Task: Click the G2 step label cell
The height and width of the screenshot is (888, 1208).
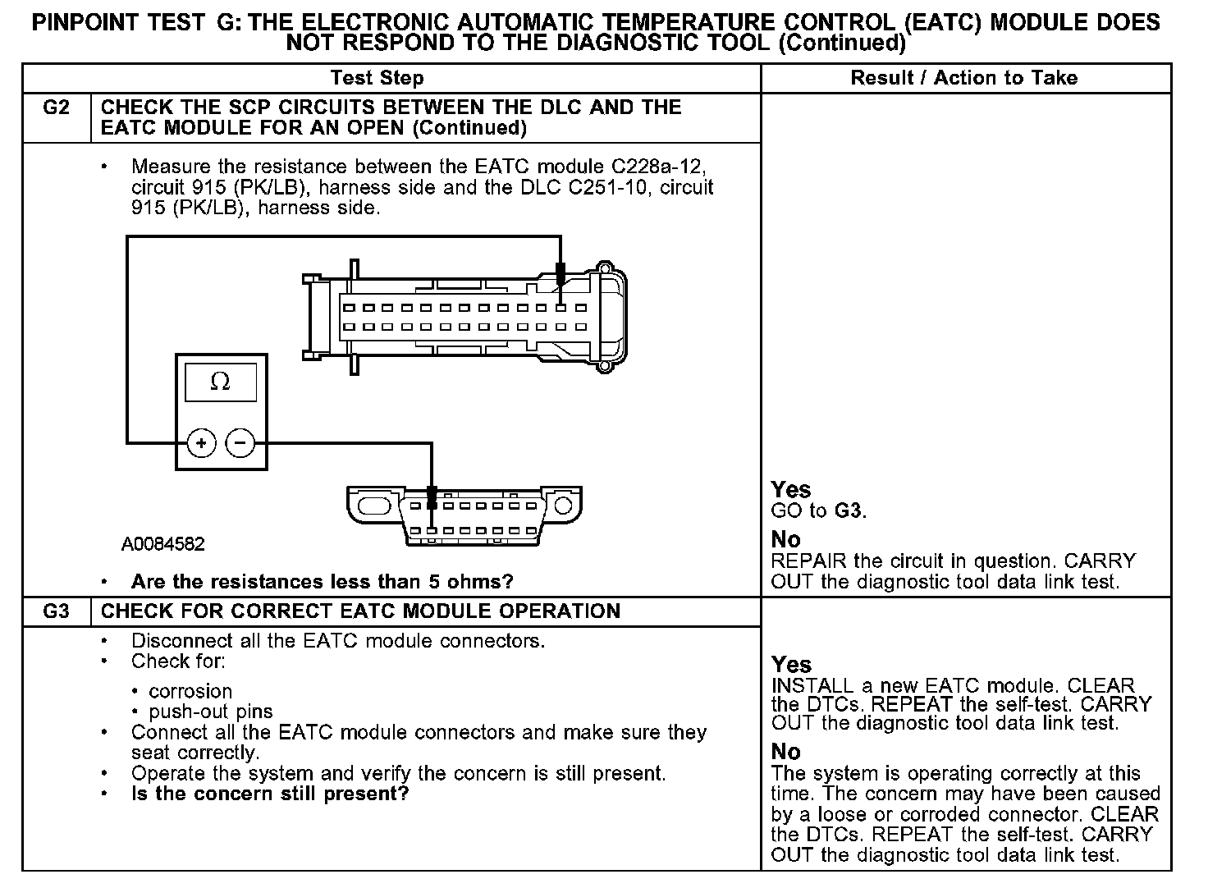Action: tap(55, 108)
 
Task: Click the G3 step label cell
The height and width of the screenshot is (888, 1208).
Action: tap(55, 611)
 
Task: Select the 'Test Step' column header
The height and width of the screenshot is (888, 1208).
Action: tap(377, 78)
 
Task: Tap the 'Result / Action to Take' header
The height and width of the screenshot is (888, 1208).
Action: tap(964, 78)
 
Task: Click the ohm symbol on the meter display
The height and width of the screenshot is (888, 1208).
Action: tap(220, 382)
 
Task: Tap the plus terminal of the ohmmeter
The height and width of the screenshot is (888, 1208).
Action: tap(202, 443)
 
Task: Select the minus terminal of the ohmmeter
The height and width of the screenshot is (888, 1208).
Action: tap(240, 443)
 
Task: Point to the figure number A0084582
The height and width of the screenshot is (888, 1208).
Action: tap(163, 543)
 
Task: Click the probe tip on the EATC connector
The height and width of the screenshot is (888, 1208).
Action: tap(561, 274)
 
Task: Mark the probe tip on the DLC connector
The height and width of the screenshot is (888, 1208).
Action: tap(432, 497)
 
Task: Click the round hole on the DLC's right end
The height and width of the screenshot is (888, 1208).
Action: tap(563, 505)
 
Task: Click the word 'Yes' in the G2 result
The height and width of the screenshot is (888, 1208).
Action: tap(791, 490)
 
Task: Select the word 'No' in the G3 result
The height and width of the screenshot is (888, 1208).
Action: tap(785, 752)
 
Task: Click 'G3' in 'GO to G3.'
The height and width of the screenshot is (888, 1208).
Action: tap(849, 510)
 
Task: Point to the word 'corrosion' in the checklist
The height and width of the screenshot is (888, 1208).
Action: tap(190, 691)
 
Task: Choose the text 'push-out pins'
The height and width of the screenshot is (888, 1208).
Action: tap(211, 712)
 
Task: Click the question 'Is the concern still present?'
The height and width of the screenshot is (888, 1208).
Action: tap(270, 794)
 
